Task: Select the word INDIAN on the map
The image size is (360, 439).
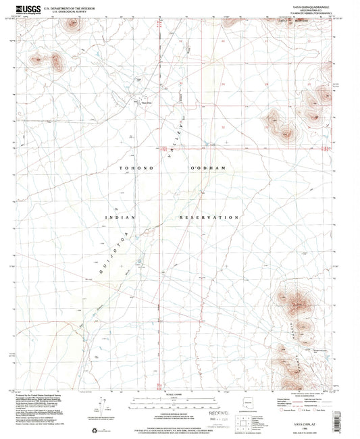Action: click(121, 217)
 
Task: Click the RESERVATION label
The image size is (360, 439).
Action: click(209, 217)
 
